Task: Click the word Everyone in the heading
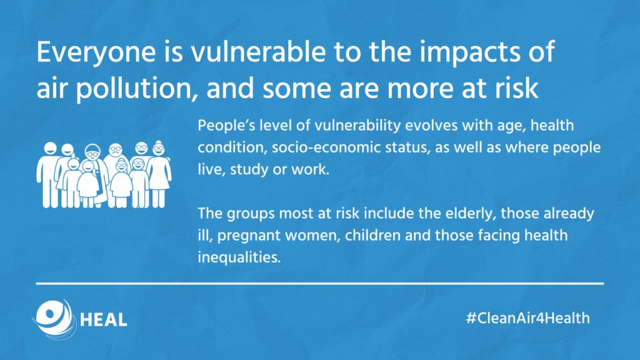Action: point(96,53)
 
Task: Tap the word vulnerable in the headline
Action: point(258,52)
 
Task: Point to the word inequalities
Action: point(239,257)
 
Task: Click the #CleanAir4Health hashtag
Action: point(528,318)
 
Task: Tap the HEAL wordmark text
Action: point(104,320)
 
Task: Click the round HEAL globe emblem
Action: point(54,319)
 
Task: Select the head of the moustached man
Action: point(116,150)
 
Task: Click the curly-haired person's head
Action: point(92,152)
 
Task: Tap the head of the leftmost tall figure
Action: point(50,148)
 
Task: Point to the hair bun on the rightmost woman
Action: point(158,142)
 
